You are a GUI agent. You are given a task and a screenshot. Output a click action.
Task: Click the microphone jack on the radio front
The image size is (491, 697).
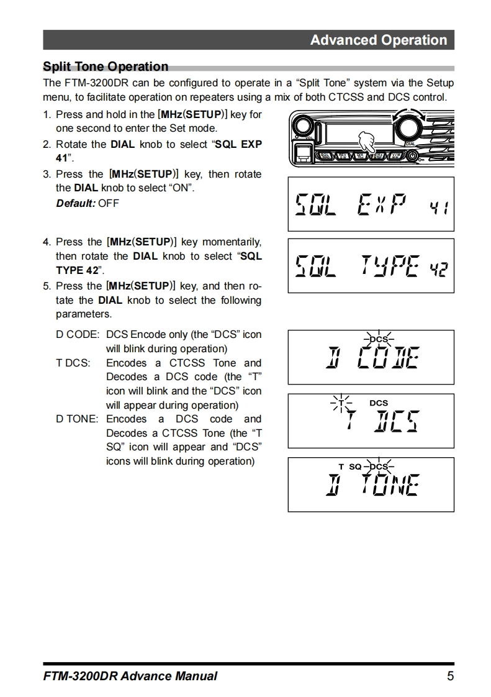(304, 152)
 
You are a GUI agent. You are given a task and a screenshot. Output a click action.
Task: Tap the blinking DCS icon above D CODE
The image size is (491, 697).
(379, 339)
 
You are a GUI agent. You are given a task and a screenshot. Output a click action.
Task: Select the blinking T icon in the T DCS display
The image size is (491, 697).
(341, 403)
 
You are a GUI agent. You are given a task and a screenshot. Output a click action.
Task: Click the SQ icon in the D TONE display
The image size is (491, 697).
(355, 467)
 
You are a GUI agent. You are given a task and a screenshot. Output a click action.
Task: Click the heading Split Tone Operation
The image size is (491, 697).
(106, 66)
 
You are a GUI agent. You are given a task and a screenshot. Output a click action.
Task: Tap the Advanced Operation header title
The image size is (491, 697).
(378, 40)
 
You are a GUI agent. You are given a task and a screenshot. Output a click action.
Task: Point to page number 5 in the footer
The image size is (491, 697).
(450, 676)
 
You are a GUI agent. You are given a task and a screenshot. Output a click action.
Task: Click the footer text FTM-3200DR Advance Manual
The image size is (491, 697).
(130, 676)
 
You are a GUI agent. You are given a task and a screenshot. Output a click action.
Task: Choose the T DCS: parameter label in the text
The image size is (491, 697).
(73, 363)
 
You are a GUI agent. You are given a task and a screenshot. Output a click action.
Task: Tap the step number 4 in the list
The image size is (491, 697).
(46, 242)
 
